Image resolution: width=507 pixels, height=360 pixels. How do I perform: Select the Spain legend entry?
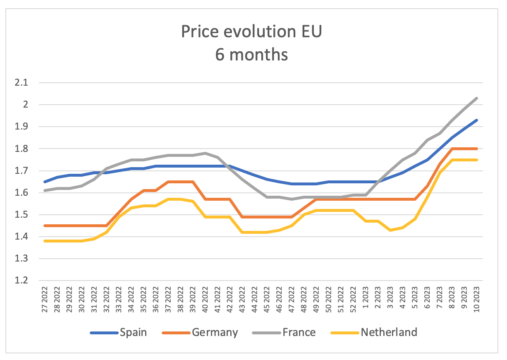tap(133, 332)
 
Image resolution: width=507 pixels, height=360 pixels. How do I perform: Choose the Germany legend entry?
tap(215, 332)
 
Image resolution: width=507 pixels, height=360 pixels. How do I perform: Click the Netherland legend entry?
tap(389, 332)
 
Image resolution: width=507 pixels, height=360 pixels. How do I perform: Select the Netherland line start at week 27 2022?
tap(45, 241)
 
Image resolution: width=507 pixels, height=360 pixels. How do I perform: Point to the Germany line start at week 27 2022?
tap(45, 226)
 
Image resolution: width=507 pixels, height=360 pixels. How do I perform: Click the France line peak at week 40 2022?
tap(206, 153)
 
